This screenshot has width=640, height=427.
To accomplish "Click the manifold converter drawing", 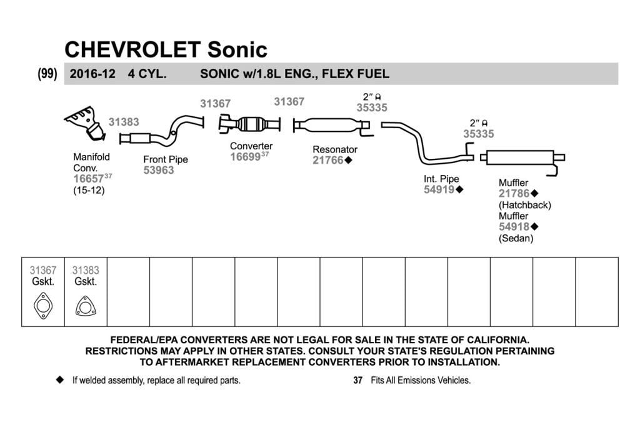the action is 86,123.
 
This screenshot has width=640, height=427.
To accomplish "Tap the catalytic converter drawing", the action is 249,124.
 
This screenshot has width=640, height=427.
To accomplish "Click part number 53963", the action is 159,170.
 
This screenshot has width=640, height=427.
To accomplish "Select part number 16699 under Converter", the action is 245,157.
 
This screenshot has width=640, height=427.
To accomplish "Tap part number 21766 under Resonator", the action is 328,160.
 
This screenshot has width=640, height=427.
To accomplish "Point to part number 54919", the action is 439,189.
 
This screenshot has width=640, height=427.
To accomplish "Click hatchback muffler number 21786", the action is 514,194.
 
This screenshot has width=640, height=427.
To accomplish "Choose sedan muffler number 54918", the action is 514,226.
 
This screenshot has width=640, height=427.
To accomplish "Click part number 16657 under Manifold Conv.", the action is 89,179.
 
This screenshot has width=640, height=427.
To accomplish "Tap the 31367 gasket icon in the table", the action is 43,306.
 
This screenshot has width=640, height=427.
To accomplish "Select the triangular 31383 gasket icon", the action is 86,306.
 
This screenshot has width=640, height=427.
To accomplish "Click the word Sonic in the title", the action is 237,50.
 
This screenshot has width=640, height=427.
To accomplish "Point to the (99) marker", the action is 47,74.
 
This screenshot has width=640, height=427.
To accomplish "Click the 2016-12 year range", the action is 92,74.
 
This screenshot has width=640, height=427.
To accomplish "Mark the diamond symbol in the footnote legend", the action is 60,380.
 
